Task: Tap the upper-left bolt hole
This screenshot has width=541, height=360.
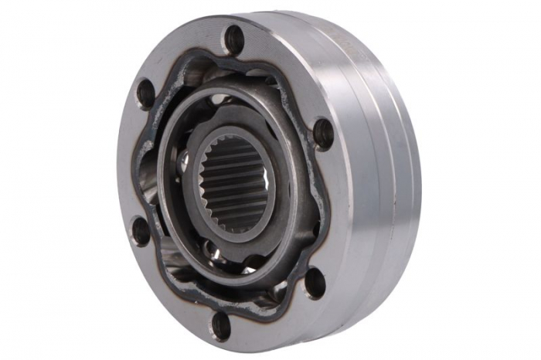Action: click(145, 93)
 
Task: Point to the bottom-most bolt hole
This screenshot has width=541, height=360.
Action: click(220, 324)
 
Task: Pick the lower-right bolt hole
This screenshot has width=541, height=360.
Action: click(315, 284)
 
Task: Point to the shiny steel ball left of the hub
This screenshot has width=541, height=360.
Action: click(183, 162)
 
